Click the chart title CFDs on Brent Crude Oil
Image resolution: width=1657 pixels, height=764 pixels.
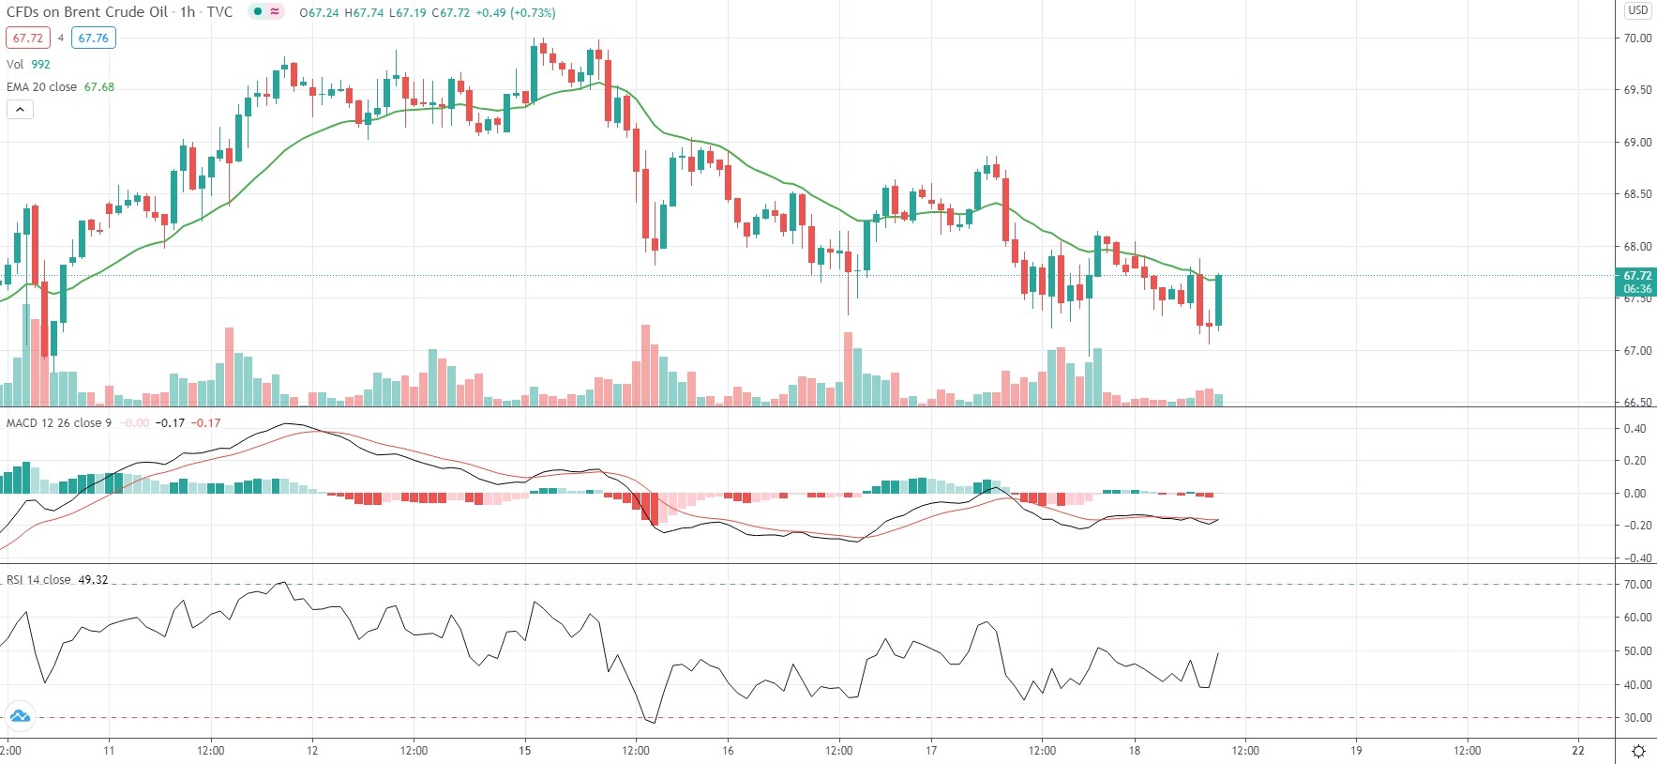[87, 12]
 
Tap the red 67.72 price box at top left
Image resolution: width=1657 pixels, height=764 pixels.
[28, 38]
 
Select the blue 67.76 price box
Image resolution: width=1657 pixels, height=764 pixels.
[93, 38]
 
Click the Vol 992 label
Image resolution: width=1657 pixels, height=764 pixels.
[28, 64]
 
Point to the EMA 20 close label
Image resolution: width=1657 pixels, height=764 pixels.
[42, 86]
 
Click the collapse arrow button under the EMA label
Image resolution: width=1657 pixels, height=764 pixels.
[21, 109]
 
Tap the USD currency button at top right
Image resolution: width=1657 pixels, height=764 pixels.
[1637, 10]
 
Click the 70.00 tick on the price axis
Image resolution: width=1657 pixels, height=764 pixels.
[1637, 38]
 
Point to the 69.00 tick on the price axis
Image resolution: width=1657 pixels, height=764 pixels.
[1637, 143]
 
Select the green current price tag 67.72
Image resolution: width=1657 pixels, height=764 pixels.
[1637, 276]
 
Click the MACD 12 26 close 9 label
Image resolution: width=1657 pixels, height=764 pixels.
[58, 423]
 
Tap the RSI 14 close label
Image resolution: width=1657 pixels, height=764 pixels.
[38, 580]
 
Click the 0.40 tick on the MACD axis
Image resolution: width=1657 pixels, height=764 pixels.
[1634, 429]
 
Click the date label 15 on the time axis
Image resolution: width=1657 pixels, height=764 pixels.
[525, 750]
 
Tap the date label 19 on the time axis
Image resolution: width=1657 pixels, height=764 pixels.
[1356, 750]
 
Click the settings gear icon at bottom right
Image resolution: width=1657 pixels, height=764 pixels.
[1638, 751]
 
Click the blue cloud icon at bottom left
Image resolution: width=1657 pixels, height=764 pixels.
[20, 717]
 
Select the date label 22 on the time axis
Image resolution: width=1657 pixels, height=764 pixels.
[1578, 750]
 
